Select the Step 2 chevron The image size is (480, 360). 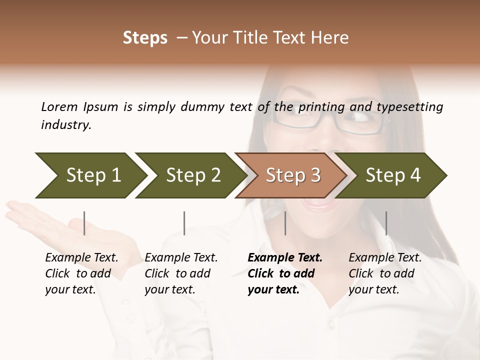[193, 175]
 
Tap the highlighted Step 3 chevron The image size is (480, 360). [293, 175]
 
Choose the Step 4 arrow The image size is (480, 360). [393, 175]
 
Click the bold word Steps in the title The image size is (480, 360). [145, 38]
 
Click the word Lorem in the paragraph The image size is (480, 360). [58, 106]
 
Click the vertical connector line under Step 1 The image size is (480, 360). [84, 223]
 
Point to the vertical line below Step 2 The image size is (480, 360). [184, 223]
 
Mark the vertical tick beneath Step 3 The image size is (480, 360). [285, 223]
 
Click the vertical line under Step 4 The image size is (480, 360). [386, 223]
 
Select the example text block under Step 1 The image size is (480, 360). [81, 273]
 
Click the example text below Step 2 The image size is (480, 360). [181, 273]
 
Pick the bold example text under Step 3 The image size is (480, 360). [285, 273]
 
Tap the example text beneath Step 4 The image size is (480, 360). [385, 273]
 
